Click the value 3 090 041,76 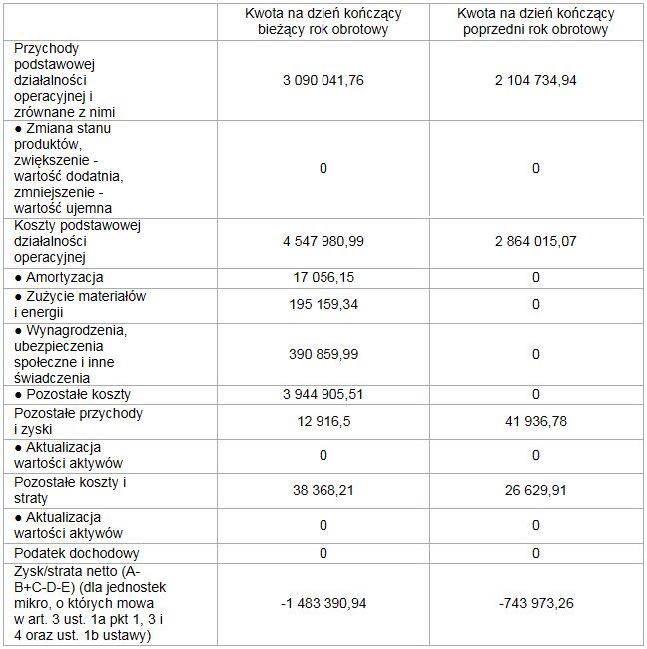click(323, 81)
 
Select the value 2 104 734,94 click(535, 81)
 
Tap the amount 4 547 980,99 click(323, 242)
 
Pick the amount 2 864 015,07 click(535, 242)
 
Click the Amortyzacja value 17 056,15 click(323, 277)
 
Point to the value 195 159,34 click(323, 304)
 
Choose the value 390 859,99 click(323, 354)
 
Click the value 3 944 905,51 click(323, 394)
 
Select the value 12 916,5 click(323, 421)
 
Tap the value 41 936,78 click(535, 421)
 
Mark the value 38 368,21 click(323, 490)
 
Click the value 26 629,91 click(535, 490)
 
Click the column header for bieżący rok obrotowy click(323, 21)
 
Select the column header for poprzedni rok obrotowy click(535, 21)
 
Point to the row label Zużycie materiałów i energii click(80, 304)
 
